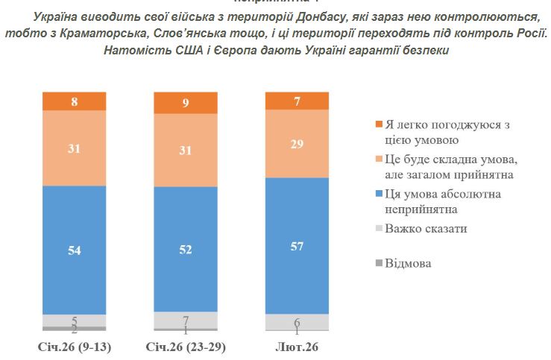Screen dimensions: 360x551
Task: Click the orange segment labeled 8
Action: [x=74, y=101]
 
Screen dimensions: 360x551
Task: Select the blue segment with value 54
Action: [x=74, y=250]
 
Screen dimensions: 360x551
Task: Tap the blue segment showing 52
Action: [x=185, y=250]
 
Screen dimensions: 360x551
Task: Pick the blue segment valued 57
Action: [x=297, y=245]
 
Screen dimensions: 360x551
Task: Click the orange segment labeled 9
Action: [x=185, y=103]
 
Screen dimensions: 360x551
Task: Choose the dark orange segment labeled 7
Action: [x=297, y=100]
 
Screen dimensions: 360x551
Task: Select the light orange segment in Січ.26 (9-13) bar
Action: [x=74, y=148]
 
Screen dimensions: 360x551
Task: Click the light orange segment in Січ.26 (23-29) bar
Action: [x=185, y=150]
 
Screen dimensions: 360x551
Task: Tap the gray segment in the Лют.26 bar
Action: [x=297, y=322]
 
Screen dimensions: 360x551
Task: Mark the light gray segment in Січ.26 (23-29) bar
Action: [x=185, y=320]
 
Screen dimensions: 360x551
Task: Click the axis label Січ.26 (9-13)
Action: [x=75, y=348]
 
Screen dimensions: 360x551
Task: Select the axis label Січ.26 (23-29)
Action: [x=185, y=348]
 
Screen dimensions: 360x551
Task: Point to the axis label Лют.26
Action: [x=297, y=348]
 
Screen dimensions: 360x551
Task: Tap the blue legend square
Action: [x=378, y=195]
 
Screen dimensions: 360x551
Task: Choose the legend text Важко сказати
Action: [x=426, y=228]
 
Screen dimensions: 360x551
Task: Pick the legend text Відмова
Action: [x=409, y=263]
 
